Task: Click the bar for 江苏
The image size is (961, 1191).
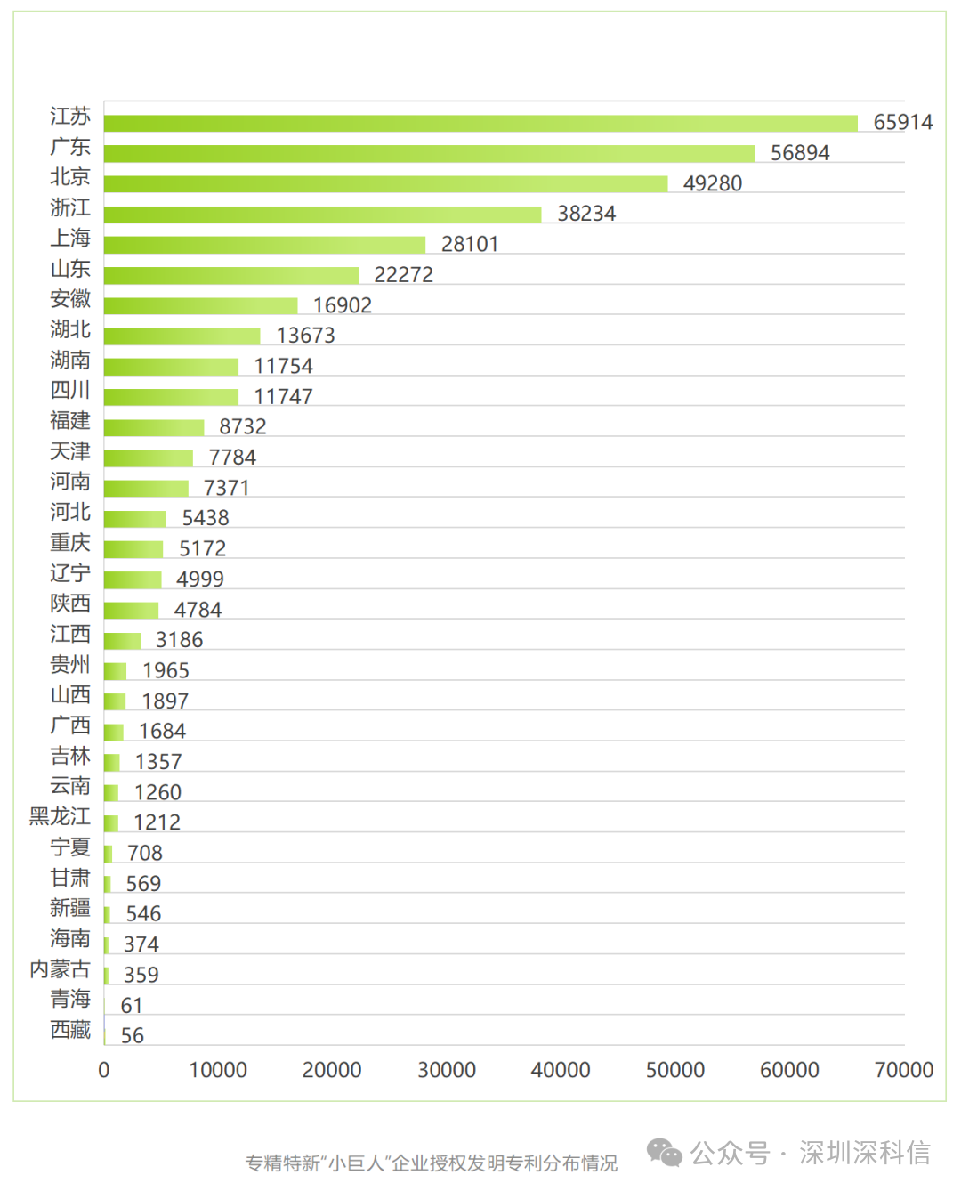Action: (480, 123)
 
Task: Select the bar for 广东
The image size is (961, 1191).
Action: (429, 153)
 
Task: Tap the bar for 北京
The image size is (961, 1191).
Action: (385, 183)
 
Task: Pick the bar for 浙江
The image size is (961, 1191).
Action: (322, 215)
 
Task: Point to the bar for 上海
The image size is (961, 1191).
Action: (264, 245)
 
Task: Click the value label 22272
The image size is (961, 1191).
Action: (403, 274)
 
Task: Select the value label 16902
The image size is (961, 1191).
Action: (343, 305)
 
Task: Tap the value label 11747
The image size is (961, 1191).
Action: (283, 396)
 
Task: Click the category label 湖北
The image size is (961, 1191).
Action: (70, 329)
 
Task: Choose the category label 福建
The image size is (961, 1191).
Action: (70, 420)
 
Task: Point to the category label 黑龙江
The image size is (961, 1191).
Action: (60, 816)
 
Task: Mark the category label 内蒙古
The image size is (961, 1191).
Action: (60, 968)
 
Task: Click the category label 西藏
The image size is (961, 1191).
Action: (70, 1030)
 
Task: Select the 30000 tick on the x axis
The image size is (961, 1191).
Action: (447, 1070)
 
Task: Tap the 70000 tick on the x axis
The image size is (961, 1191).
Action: (904, 1070)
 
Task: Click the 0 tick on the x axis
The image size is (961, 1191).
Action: (104, 1070)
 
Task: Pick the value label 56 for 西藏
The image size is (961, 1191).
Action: (133, 1035)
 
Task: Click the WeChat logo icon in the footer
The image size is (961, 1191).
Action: (664, 1153)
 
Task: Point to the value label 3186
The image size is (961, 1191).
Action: (179, 640)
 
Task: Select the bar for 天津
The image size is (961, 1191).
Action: (149, 458)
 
